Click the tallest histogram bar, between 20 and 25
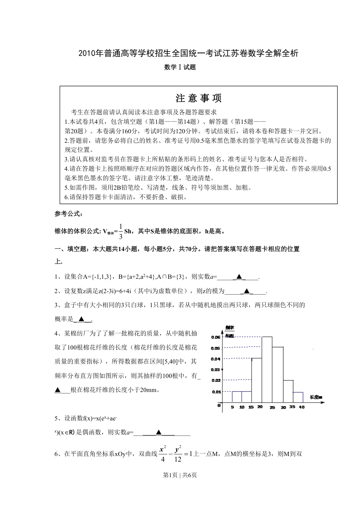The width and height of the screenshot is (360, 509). point(267,369)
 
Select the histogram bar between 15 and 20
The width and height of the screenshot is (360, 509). point(257,380)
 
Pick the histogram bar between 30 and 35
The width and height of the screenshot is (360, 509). point(288,391)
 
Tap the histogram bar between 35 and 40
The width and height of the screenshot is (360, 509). point(298,397)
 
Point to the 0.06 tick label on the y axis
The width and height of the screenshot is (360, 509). point(216,337)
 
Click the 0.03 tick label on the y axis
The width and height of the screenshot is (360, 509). point(216,370)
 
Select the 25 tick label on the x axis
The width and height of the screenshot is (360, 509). point(272,408)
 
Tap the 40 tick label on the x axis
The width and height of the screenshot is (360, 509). point(302,408)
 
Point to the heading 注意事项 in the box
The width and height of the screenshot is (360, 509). point(199,98)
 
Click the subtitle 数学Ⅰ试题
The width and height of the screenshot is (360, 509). point(180,67)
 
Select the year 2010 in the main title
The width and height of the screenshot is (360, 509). point(87,53)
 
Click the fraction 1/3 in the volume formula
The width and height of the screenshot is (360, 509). point(121,231)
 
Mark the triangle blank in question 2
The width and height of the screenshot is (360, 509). point(247,291)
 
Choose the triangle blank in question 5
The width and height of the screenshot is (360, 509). point(159,432)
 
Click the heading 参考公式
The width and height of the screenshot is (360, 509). point(68,214)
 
